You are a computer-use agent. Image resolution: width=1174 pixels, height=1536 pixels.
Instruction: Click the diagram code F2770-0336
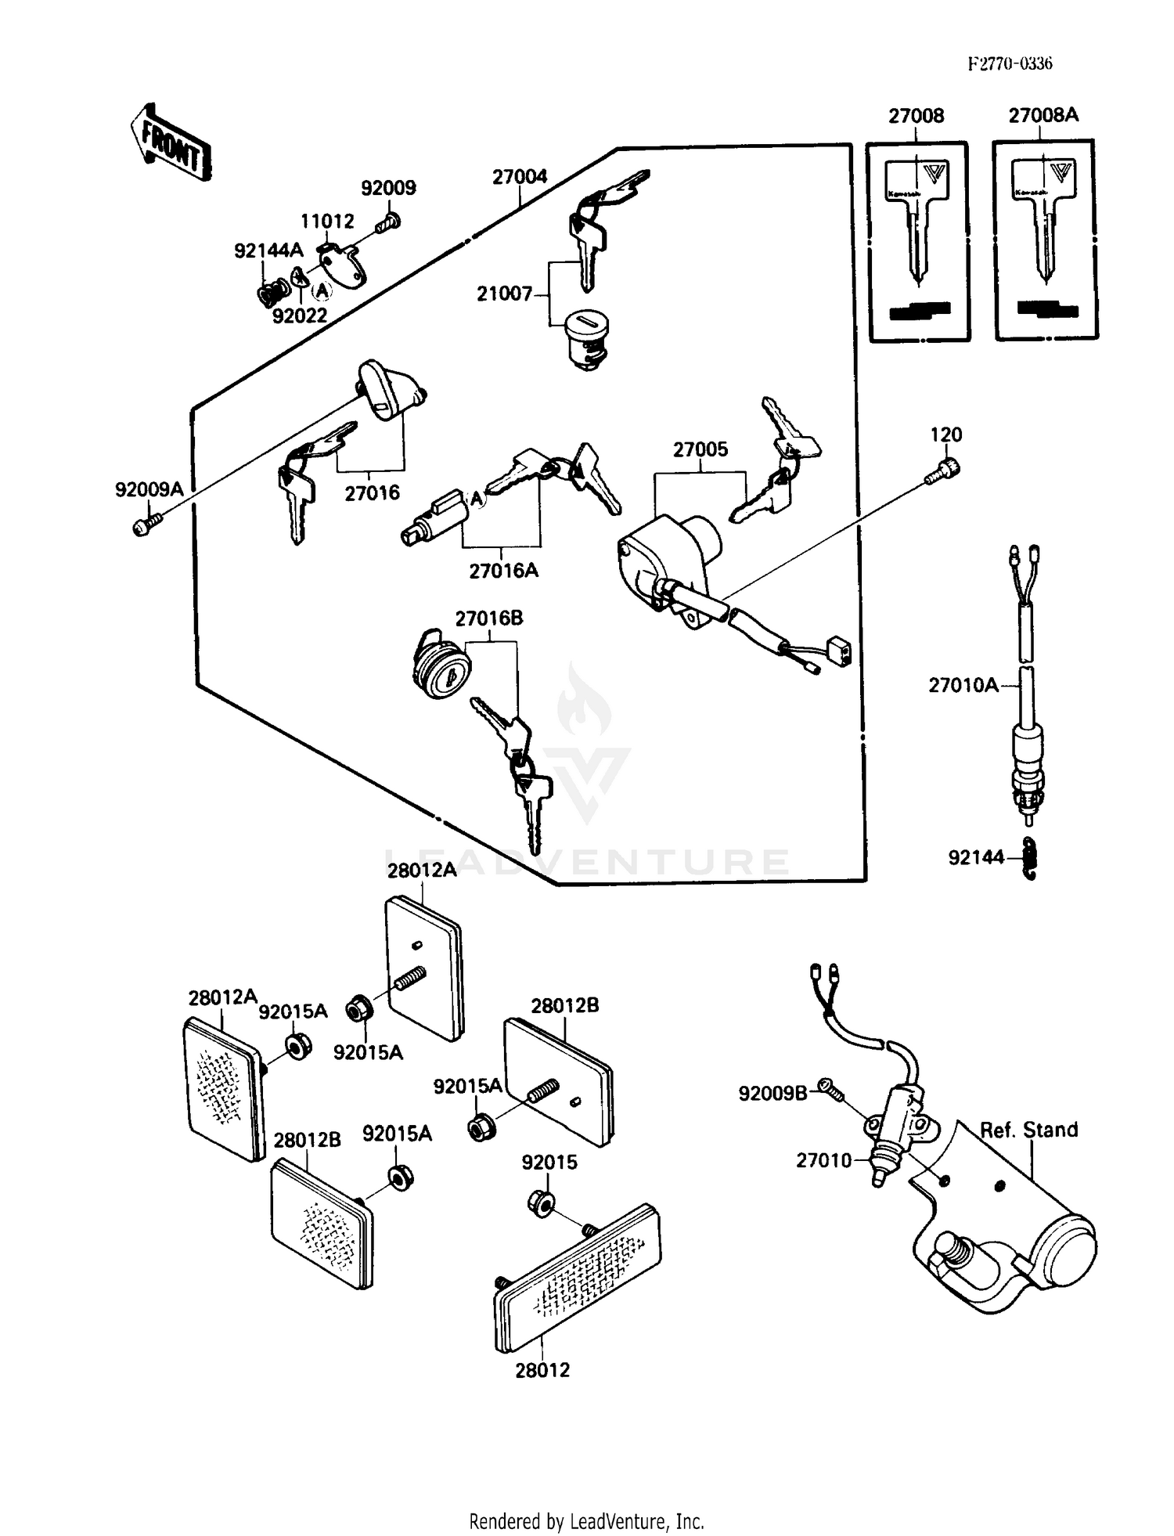pos(1010,64)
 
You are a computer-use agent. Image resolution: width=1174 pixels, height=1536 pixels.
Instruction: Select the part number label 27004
pos(520,177)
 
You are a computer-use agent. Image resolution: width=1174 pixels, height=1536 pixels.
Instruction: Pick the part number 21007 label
pos(504,294)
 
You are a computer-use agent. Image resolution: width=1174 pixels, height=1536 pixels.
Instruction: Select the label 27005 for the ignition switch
pos(700,449)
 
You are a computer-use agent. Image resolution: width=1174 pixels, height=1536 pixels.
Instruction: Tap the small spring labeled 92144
pos(1031,859)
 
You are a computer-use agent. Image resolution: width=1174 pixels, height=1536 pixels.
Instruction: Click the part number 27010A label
pos(963,686)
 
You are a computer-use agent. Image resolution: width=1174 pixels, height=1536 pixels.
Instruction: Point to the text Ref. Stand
pos(1028,1130)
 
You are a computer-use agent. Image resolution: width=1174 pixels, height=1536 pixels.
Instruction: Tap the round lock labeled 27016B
pos(441,672)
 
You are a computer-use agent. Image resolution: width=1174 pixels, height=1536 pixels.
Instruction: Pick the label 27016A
pos(503,571)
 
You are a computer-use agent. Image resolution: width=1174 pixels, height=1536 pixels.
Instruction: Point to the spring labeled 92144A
pos(272,294)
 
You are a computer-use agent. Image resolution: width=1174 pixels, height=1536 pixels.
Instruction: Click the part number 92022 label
pos(299,315)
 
